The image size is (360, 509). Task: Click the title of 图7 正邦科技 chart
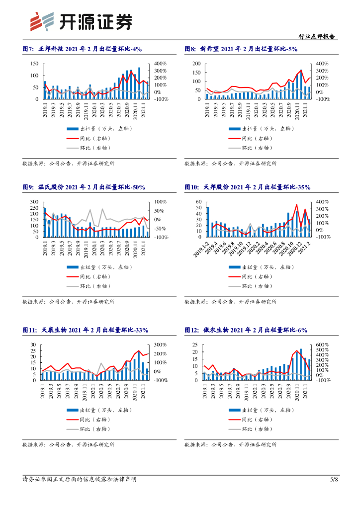pyautogui.click(x=83, y=48)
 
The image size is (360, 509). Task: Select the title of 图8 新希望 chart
pyautogui.click(x=241, y=48)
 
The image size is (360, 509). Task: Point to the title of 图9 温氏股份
pyautogui.click(x=84, y=187)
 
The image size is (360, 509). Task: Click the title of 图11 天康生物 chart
pyautogui.click(x=86, y=330)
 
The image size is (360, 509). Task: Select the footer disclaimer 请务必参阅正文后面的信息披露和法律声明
pyautogui.click(x=80, y=479)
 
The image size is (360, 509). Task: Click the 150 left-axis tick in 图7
pyautogui.click(x=34, y=64)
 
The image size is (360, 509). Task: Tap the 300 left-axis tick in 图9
pyautogui.click(x=34, y=202)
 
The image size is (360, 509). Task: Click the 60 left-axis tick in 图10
pyautogui.click(x=198, y=202)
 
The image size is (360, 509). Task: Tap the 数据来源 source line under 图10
pyautogui.click(x=230, y=302)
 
